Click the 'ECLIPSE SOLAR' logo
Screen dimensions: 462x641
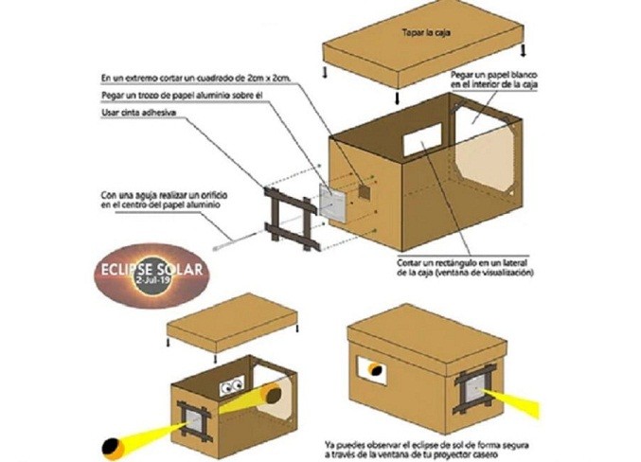click(152, 271)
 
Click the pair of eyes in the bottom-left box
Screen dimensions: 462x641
click(229, 386)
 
